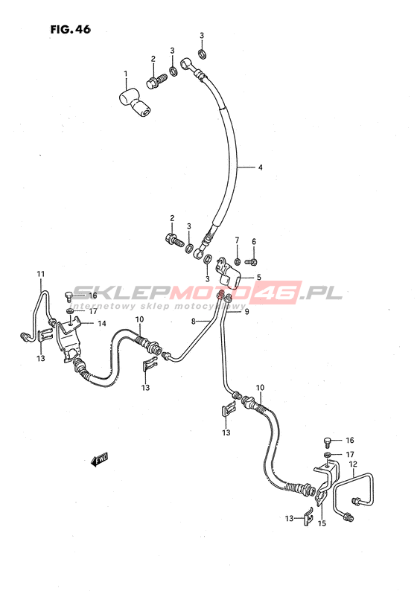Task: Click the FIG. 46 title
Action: (x=71, y=29)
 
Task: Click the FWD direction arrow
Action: (x=100, y=459)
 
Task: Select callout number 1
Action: (x=126, y=74)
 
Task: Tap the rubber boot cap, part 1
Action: (x=134, y=103)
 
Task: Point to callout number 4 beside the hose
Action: (x=260, y=167)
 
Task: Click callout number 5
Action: (x=258, y=278)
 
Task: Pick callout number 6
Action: (x=254, y=242)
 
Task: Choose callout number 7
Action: (x=237, y=240)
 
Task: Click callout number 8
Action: (x=194, y=322)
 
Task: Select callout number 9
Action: (x=247, y=312)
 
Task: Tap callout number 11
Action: (x=41, y=274)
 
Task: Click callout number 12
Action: (x=353, y=464)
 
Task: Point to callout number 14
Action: (x=102, y=323)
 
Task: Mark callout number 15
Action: (x=322, y=523)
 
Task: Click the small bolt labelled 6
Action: (x=251, y=261)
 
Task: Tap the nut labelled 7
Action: (x=237, y=261)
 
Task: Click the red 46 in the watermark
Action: (x=279, y=293)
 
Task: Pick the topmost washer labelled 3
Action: (x=202, y=54)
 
